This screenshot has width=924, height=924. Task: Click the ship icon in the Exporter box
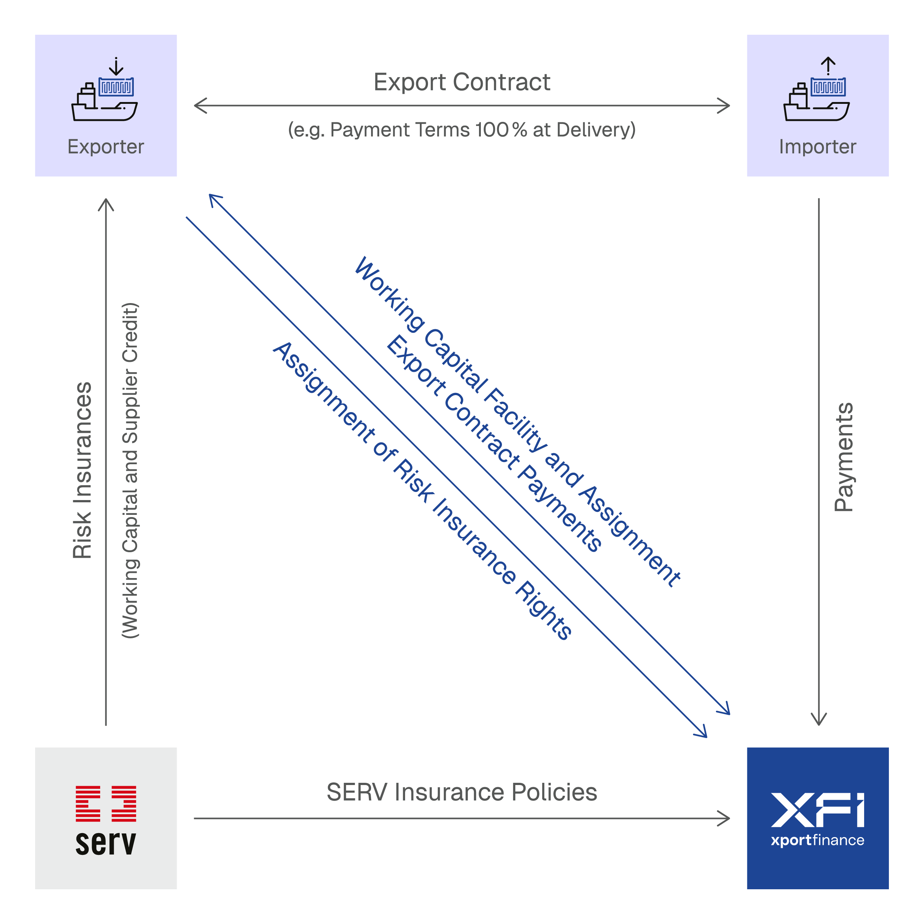pyautogui.click(x=104, y=99)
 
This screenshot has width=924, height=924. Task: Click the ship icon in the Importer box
pyautogui.click(x=816, y=99)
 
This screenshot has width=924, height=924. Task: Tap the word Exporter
pyautogui.click(x=106, y=147)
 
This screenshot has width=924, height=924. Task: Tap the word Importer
pyautogui.click(x=817, y=147)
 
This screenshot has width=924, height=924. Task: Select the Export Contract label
pyautogui.click(x=462, y=82)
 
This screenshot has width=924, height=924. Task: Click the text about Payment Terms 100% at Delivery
pyautogui.click(x=462, y=130)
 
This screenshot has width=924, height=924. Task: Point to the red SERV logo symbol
pyautogui.click(x=106, y=804)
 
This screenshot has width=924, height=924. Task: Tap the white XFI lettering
pyautogui.click(x=817, y=810)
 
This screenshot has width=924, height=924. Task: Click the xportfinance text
pyautogui.click(x=817, y=840)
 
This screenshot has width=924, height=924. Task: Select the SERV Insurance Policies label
pyautogui.click(x=462, y=792)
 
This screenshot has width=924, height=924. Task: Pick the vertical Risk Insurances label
pyautogui.click(x=82, y=470)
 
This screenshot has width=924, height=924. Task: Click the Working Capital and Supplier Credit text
pyautogui.click(x=130, y=470)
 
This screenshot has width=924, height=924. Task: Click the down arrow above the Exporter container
pyautogui.click(x=116, y=67)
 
